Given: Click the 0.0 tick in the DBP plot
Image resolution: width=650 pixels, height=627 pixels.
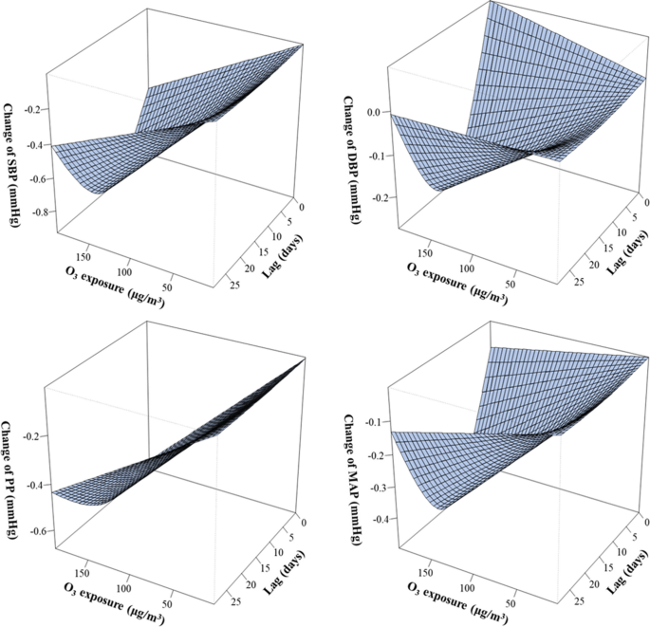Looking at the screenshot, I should (x=373, y=112).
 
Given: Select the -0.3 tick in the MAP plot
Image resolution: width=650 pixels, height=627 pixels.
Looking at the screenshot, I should (x=379, y=487).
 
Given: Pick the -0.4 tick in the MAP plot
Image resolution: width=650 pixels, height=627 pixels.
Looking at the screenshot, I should (x=379, y=520).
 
